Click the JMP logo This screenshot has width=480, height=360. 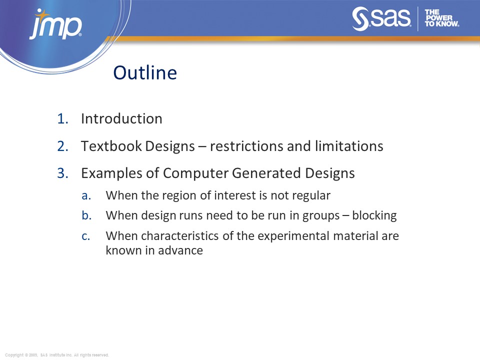[55, 25]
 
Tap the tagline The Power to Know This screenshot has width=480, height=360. [441, 18]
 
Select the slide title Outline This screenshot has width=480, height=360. [145, 73]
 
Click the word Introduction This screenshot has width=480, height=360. [121, 119]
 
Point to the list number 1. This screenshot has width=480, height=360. [62, 119]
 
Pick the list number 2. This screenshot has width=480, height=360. [62, 146]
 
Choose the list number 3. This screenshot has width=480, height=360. [62, 173]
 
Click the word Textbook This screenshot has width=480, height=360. [110, 146]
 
